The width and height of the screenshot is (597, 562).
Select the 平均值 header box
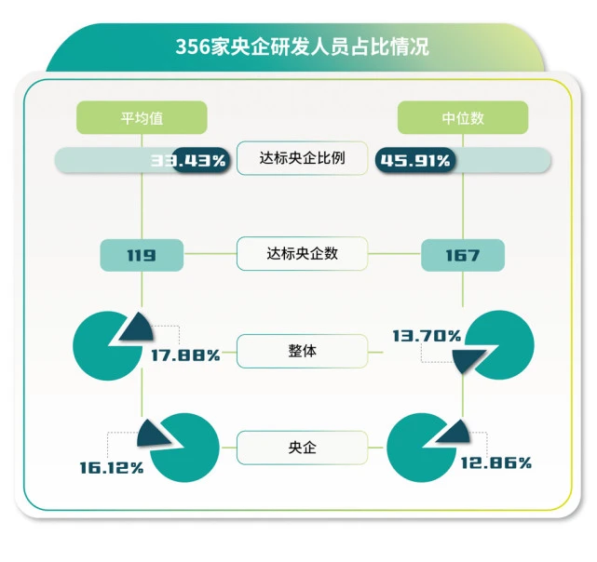coord(141,118)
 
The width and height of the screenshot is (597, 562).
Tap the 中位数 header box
coord(463,118)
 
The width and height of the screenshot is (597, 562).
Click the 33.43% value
coord(189,161)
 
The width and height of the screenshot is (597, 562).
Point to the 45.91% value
coord(414,161)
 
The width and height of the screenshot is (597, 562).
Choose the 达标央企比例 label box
coord(302,158)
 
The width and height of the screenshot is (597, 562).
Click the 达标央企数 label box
coord(302,253)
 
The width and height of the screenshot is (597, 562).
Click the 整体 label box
coord(302,352)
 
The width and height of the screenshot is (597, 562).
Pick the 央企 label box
coord(302,447)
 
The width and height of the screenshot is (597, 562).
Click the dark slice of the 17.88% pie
coord(137,328)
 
